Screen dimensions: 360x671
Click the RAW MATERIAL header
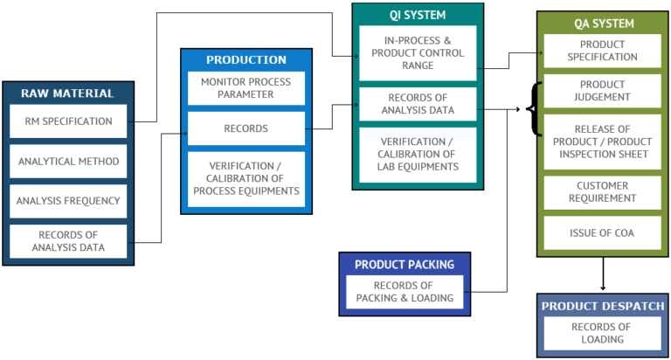(68, 93)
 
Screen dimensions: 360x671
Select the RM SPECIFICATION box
(68, 121)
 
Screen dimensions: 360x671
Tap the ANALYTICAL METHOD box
(68, 161)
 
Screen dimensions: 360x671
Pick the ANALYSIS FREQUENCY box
(68, 201)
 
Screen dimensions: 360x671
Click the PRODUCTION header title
(246, 60)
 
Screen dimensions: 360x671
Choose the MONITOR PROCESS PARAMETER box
(246, 88)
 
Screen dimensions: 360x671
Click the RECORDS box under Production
(246, 128)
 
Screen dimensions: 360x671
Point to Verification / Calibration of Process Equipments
(246, 179)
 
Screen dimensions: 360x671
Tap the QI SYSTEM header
(417, 15)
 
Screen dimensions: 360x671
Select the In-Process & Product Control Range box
(417, 53)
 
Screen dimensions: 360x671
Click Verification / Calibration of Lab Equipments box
(417, 155)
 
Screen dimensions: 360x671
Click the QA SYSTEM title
(602, 24)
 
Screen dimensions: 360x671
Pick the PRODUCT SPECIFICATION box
(602, 51)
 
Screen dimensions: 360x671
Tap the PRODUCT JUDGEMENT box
(602, 91)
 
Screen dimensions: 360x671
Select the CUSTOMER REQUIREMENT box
(602, 191)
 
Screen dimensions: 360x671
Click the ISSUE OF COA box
(602, 232)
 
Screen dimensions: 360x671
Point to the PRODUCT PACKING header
(404, 265)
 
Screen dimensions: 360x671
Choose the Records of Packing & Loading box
(404, 292)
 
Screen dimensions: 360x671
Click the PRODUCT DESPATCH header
(602, 306)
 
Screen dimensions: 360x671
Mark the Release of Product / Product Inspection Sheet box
(602, 142)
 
